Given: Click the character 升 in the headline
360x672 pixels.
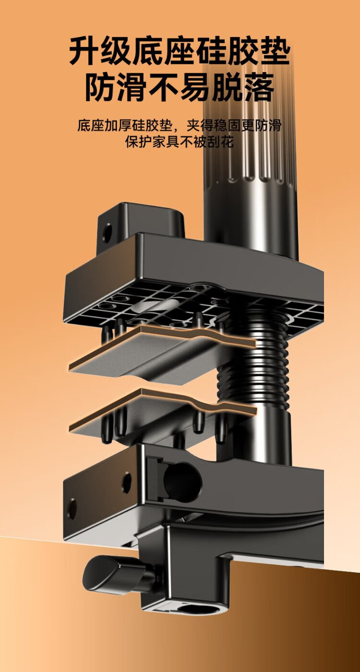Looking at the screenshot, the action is pos(84,50).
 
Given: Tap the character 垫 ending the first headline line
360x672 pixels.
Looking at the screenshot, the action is pos(275,50).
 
